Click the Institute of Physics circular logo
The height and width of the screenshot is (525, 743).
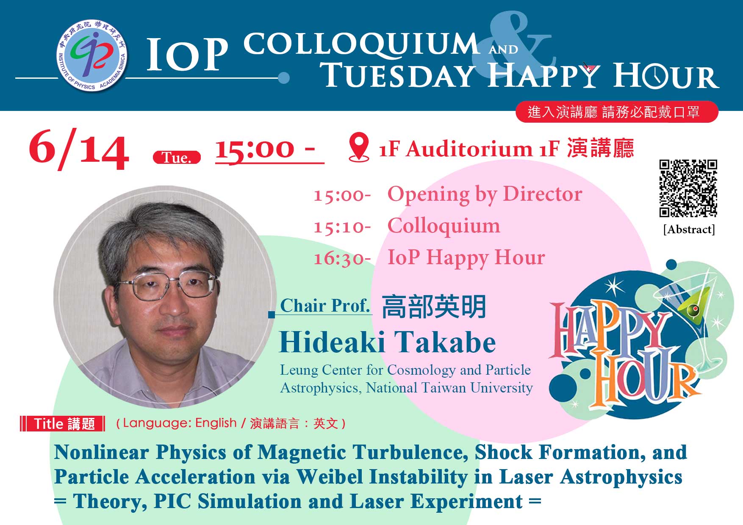[x=92, y=55]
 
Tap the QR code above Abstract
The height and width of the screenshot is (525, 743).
[x=688, y=188]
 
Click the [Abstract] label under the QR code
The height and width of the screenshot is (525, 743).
[x=689, y=229]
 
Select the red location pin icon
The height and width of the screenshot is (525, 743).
[x=359, y=147]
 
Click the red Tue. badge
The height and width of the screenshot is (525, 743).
[x=177, y=157]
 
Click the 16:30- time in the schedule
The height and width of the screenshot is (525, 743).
[x=342, y=258]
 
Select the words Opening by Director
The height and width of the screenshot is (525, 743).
[x=485, y=194]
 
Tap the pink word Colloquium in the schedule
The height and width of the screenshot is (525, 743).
[x=444, y=226]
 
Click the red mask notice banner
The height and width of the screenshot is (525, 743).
[x=617, y=112]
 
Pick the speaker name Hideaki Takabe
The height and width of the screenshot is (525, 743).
[x=387, y=342]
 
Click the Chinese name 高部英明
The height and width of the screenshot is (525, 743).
[x=434, y=307]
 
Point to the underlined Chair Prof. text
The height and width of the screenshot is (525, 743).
[x=325, y=305]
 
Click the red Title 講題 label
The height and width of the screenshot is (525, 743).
[x=63, y=424]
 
